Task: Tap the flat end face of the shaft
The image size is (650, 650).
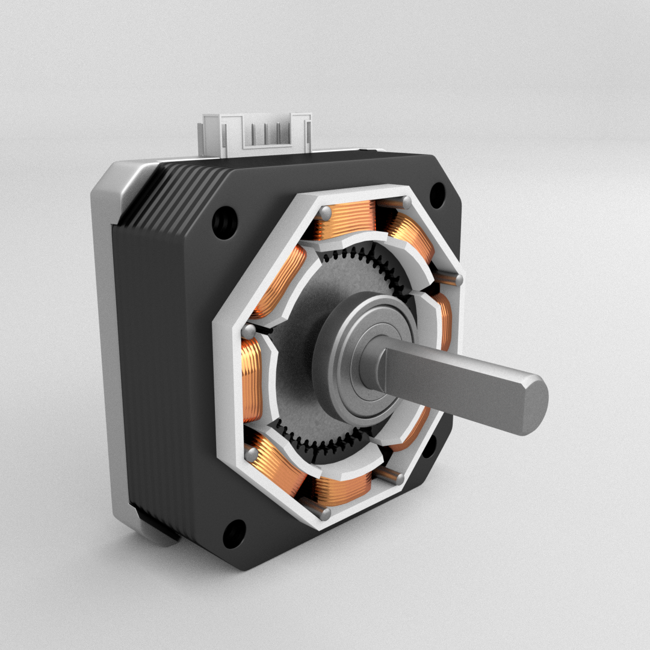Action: coord(534,403)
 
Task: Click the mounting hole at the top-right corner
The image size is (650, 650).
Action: coord(438,194)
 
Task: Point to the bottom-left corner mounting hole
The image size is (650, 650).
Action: coord(234,533)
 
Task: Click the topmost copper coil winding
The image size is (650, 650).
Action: coord(346,218)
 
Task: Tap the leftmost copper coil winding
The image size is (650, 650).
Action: coord(252,379)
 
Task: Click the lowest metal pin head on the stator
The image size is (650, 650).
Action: coord(326,513)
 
